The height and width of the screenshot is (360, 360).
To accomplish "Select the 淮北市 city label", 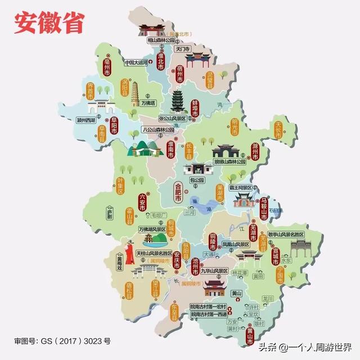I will (160, 64).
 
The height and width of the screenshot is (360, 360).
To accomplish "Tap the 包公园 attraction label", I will (196, 181).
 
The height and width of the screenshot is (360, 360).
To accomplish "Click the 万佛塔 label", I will (148, 103).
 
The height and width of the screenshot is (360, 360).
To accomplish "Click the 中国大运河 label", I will (136, 63).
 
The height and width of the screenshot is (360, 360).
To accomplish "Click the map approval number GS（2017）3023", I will (62, 341).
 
